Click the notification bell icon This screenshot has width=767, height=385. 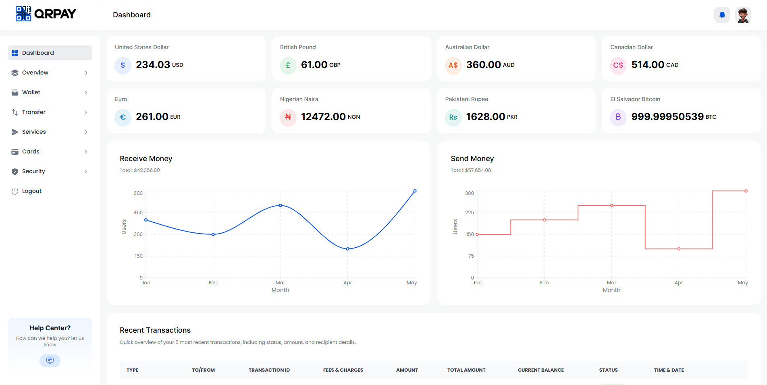pos(722,15)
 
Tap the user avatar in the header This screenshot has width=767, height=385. pos(743,15)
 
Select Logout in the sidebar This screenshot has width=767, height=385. pos(31,191)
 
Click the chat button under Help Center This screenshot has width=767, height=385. pos(50,360)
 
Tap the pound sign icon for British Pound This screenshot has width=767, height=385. pos(288,65)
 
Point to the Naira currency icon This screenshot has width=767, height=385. pos(288,117)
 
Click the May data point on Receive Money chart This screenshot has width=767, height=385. pos(415,191)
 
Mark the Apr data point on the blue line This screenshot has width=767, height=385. pos(347,249)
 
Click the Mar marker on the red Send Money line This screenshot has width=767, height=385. pos(611,205)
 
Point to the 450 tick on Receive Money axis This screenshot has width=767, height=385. pos(138,213)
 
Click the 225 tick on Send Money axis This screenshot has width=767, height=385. pos(469,213)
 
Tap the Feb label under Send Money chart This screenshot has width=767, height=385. pos(544,283)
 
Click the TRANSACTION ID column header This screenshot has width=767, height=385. pos(269,370)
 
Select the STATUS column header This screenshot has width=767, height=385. pos(608,370)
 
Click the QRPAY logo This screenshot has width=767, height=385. pos(46,14)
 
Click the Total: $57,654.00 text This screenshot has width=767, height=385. pos(471,170)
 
